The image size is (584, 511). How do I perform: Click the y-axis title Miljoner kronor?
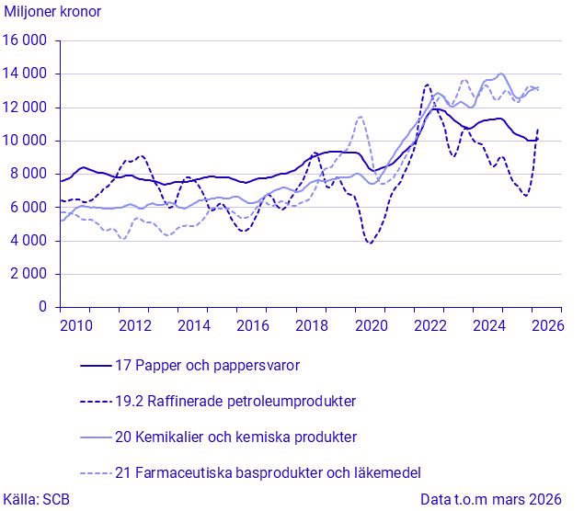coord(52,12)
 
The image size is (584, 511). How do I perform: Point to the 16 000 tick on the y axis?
coord(25,40)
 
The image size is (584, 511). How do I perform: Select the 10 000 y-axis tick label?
coord(25,141)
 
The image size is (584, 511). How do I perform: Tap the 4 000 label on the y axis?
coord(29,241)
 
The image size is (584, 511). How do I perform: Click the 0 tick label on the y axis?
coord(43,307)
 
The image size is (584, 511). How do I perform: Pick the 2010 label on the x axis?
coord(76,326)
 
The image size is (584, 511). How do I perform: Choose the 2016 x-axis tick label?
coord(253,326)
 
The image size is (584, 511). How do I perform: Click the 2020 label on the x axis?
coord(371,326)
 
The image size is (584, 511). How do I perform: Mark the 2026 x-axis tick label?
coord(547,326)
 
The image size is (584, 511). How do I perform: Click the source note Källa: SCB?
coord(36,499)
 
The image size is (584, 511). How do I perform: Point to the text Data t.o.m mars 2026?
coord(490,499)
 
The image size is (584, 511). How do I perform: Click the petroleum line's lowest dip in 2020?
coord(370,243)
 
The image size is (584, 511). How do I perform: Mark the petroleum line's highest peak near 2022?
coord(427,85)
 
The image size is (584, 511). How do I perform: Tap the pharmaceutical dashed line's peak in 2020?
coord(361,117)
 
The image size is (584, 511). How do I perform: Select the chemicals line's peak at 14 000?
coord(501,74)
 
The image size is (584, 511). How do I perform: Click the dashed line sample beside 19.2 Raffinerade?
coord(96,402)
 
